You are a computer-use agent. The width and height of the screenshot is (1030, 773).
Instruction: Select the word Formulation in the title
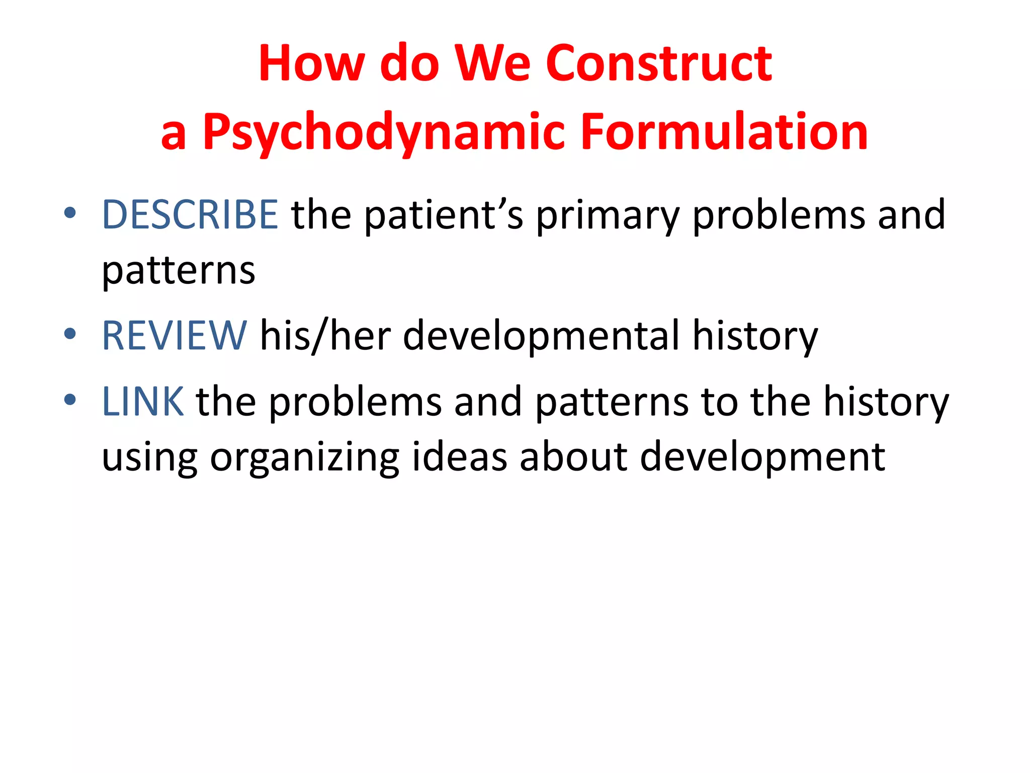click(724, 132)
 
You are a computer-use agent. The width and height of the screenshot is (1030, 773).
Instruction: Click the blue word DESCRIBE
click(190, 215)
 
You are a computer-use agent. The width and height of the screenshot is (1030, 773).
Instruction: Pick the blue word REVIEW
click(174, 336)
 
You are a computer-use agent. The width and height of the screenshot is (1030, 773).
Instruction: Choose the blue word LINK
click(143, 402)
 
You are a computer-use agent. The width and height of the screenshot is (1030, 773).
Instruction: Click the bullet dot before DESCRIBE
click(70, 213)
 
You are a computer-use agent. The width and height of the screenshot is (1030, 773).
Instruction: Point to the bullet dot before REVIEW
click(70, 334)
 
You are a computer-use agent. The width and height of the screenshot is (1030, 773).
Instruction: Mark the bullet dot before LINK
click(70, 400)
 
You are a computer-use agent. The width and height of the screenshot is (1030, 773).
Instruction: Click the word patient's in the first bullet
click(443, 215)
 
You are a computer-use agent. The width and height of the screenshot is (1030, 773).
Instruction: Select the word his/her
click(325, 336)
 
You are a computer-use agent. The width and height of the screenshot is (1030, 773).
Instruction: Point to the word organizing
click(304, 458)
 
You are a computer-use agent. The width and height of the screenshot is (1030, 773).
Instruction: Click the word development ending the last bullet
click(762, 458)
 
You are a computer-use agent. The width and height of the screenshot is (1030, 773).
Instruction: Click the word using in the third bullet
click(149, 458)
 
